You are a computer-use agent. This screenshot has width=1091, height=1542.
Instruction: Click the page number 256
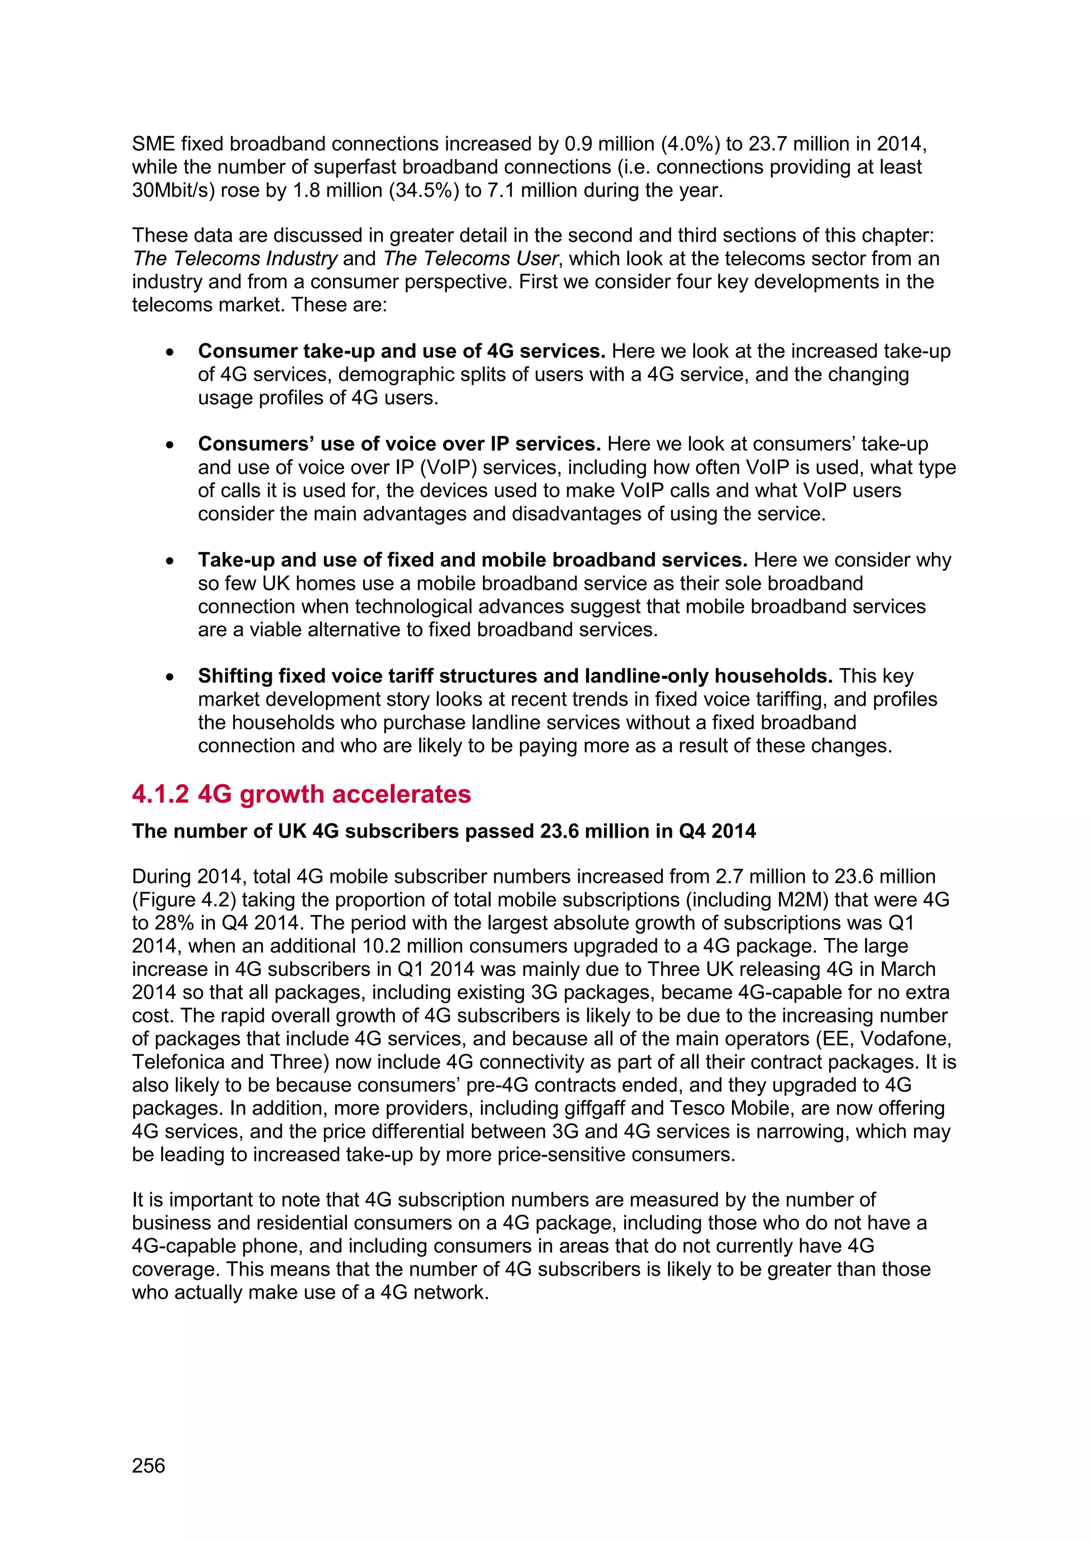[149, 1465]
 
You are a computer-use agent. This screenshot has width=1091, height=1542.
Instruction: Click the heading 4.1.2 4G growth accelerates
[301, 794]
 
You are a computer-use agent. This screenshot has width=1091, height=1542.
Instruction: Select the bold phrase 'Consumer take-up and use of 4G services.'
[402, 351]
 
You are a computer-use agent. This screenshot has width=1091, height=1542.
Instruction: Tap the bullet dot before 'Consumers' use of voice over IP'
[170, 445]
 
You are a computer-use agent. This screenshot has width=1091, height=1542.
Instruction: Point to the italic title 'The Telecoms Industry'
[234, 259]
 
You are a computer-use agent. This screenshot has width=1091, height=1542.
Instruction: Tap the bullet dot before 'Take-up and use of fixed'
[170, 561]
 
